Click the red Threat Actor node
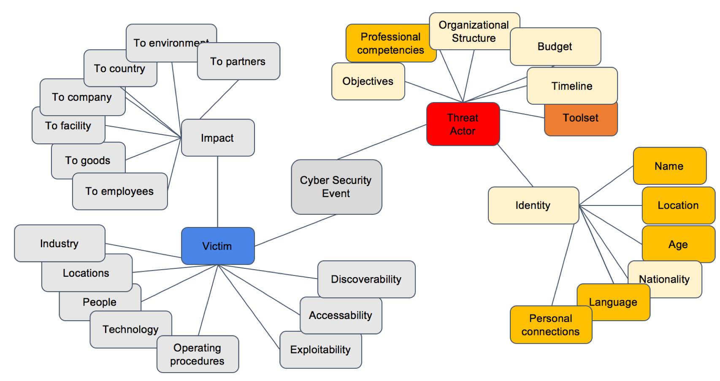pyautogui.click(x=463, y=124)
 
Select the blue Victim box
pyautogui.click(x=217, y=246)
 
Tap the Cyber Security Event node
pyautogui.click(x=336, y=187)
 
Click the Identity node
pyautogui.click(x=533, y=205)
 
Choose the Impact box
pyautogui.click(x=217, y=138)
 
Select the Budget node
pyautogui.click(x=555, y=47)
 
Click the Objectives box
pyautogui.click(x=368, y=81)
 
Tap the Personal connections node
pyautogui.click(x=550, y=325)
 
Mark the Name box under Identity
pyautogui.click(x=669, y=166)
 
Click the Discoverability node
pyautogui.click(x=366, y=279)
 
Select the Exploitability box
pyautogui.click(x=320, y=350)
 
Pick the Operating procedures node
pyautogui.click(x=197, y=354)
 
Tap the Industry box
pyautogui.click(x=59, y=243)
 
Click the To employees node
pyautogui.click(x=119, y=192)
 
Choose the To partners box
pyautogui.click(x=238, y=62)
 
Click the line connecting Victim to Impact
pyautogui.click(x=218, y=192)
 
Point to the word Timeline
pyautogui.click(x=572, y=86)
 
